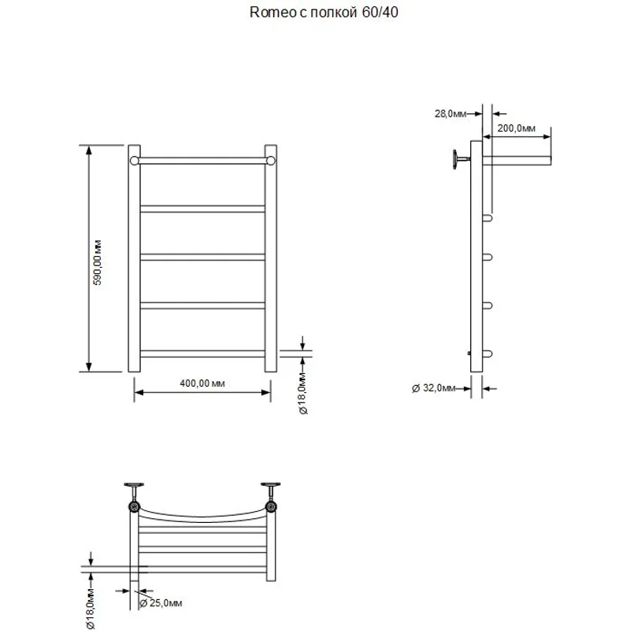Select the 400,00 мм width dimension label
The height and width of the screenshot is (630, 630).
203,384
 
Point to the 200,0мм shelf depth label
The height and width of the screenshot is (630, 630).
517,128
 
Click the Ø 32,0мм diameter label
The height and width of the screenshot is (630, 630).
434,387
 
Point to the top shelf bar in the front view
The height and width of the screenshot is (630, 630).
202,161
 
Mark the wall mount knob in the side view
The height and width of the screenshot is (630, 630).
457,160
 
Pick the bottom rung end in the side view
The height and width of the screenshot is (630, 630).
487,354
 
